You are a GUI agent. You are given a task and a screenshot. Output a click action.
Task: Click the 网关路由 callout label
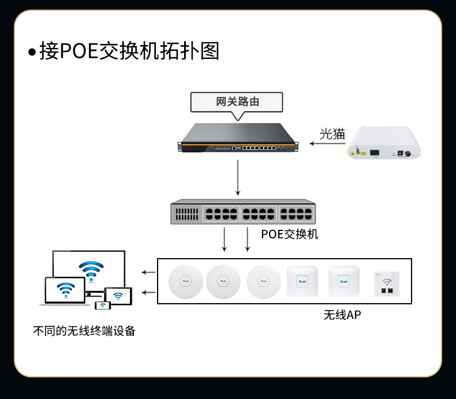(x=237, y=102)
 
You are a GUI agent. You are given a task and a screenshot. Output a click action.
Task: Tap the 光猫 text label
(x=332, y=134)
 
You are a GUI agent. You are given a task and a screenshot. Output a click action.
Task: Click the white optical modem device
(x=384, y=143)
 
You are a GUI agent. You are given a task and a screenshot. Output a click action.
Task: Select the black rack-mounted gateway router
(x=238, y=137)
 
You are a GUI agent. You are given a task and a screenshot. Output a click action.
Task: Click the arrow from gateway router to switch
(x=238, y=177)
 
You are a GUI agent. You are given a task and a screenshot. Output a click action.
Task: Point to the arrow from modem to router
(x=327, y=143)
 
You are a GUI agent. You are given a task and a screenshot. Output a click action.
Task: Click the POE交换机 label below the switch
(x=289, y=234)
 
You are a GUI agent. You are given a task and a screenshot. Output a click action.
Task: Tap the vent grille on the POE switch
(x=186, y=214)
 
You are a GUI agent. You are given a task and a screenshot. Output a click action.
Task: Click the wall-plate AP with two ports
(x=387, y=284)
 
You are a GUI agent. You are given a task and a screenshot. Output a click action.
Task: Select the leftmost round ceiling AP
(x=185, y=282)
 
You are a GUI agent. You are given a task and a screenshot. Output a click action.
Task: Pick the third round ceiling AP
(x=263, y=282)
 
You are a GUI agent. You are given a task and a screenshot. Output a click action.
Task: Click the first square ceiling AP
(x=302, y=281)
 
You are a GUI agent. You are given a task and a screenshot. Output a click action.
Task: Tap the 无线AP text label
(x=342, y=315)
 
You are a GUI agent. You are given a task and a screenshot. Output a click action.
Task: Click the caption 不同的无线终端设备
(x=84, y=331)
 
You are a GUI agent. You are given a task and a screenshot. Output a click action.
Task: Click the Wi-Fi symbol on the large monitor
(x=91, y=271)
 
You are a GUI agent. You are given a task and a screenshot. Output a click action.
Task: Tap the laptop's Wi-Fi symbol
(x=66, y=290)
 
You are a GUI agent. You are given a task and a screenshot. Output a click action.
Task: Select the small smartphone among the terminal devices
(x=103, y=305)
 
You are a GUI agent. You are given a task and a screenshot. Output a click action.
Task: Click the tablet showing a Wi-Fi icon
(x=118, y=296)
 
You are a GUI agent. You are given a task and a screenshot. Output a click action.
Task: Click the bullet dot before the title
(x=32, y=53)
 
